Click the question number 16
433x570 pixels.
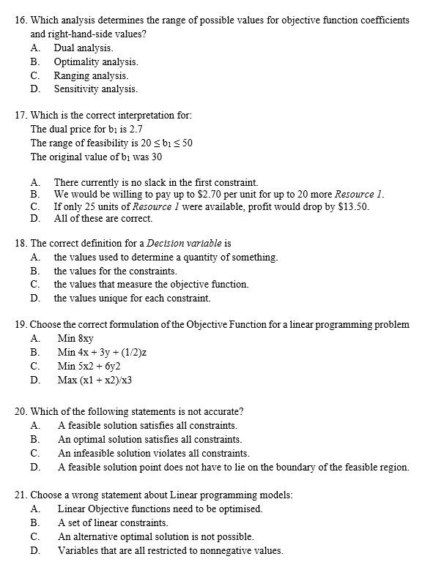click(21, 20)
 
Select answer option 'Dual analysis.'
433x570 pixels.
click(83, 48)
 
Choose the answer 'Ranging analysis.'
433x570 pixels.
click(91, 75)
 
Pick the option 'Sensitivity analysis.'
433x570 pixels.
click(95, 89)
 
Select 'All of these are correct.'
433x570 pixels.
click(103, 219)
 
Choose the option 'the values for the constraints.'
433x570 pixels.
click(115, 271)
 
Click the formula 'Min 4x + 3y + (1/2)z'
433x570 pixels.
click(103, 352)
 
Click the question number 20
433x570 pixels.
click(21, 411)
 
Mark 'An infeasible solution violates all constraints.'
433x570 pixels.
click(153, 453)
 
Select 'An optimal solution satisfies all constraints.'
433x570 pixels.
click(149, 439)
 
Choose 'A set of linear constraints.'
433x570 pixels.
click(113, 522)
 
